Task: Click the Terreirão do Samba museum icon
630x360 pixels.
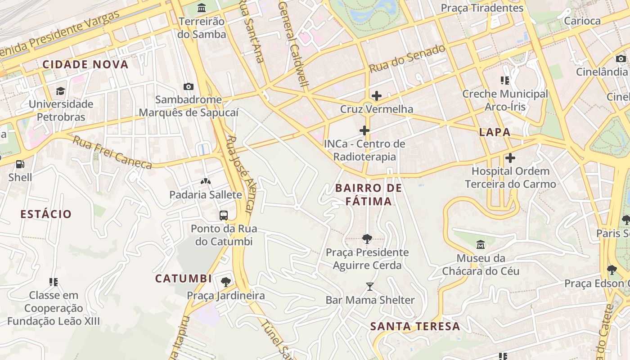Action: [202, 8]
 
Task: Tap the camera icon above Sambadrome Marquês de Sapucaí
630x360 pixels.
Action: [189, 86]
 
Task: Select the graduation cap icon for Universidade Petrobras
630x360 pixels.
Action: [60, 91]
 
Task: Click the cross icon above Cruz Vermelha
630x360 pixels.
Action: [377, 96]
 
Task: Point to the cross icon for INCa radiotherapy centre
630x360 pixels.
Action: [364, 131]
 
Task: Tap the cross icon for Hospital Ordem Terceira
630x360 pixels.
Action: [510, 158]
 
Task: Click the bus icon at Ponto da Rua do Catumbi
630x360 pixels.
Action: [224, 215]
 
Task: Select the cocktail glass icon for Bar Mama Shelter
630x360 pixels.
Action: [370, 287]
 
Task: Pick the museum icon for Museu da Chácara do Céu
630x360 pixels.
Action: [481, 245]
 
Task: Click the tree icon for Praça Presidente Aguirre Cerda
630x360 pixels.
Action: [367, 239]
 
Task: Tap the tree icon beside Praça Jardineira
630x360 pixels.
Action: [226, 282]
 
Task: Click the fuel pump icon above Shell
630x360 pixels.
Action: [20, 164]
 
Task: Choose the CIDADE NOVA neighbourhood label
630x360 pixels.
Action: [85, 64]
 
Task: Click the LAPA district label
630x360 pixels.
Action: [495, 132]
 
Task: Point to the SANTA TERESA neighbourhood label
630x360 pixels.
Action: [415, 326]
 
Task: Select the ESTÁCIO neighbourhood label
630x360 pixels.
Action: [46, 214]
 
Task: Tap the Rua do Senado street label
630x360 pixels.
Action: [407, 59]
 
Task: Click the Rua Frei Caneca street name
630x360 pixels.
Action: [112, 153]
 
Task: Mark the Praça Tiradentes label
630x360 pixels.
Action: [482, 8]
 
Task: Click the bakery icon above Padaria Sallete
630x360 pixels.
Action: [206, 181]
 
